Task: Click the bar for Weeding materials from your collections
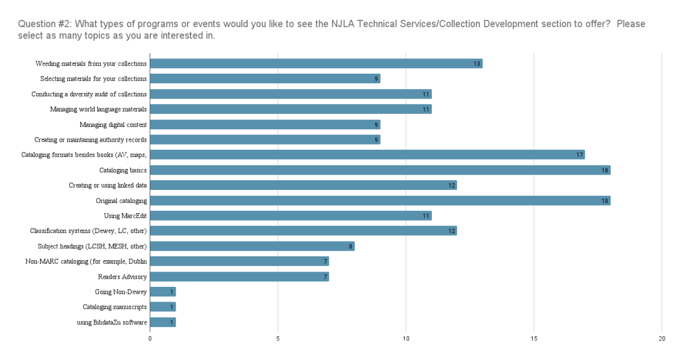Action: coord(316,63)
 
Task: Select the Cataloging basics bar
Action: coord(380,170)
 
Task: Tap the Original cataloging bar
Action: coord(380,201)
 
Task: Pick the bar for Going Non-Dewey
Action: coord(163,292)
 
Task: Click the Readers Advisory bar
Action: coord(239,277)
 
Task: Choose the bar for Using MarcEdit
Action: coord(290,216)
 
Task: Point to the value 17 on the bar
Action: coord(580,155)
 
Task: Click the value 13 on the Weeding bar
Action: coord(477,63)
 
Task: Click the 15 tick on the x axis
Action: coord(534,338)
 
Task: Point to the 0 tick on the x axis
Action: coord(150,338)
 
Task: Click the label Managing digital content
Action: coord(113,125)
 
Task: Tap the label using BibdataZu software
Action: coord(112,323)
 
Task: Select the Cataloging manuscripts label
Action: coord(114,307)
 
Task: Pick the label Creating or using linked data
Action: coord(108,185)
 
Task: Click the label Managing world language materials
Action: coord(98,109)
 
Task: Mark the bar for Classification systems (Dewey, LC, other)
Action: coord(303,231)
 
